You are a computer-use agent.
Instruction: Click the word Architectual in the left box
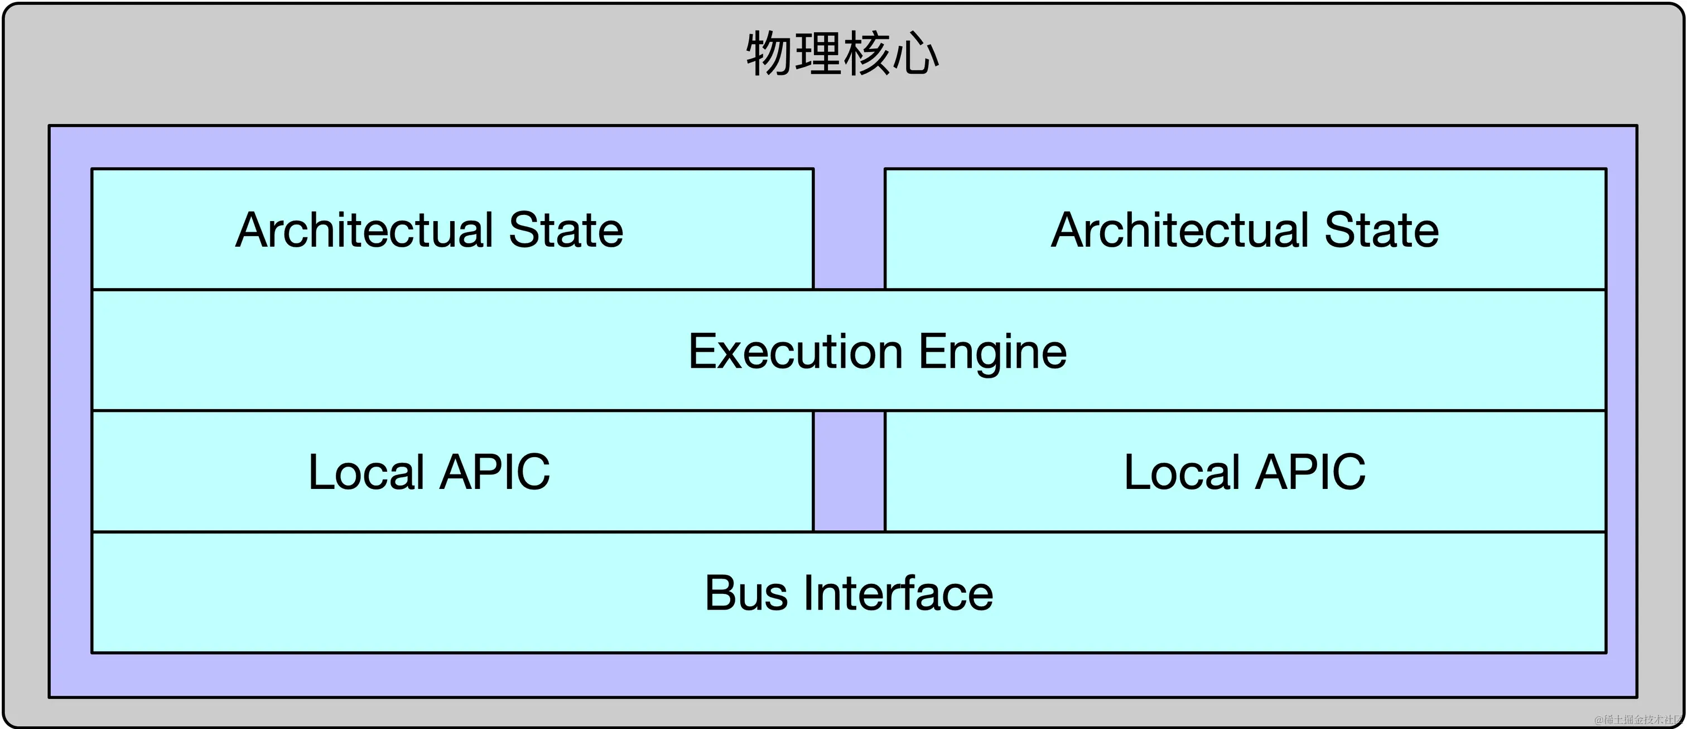pyautogui.click(x=364, y=231)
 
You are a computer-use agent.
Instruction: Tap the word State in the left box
pyautogui.click(x=566, y=231)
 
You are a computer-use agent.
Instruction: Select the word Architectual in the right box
pyautogui.click(x=1180, y=231)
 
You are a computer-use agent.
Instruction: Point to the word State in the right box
pyautogui.click(x=1381, y=231)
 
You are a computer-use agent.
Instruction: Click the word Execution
pyautogui.click(x=796, y=352)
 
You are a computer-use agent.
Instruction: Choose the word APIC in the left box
pyautogui.click(x=494, y=472)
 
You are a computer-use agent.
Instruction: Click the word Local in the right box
pyautogui.click(x=1182, y=472)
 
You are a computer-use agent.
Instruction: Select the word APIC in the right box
pyautogui.click(x=1310, y=472)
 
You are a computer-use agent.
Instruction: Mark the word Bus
pyautogui.click(x=746, y=593)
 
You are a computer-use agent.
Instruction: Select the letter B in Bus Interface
pyautogui.click(x=719, y=593)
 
